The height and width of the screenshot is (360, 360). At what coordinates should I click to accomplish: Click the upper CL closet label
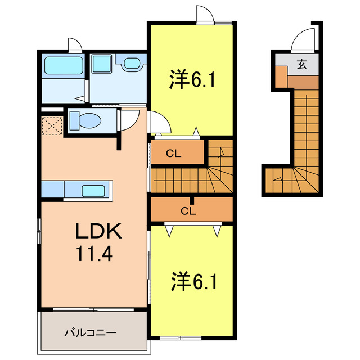(173, 153)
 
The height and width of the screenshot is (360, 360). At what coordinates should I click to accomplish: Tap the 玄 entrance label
(302, 65)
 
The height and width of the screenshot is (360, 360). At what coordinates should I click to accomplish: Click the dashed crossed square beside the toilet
(51, 124)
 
